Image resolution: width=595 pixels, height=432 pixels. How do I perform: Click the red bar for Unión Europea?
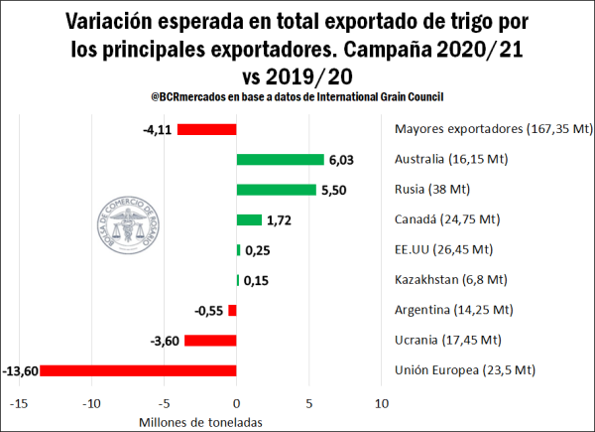click(x=138, y=370)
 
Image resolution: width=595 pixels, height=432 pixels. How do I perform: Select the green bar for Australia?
click(x=280, y=160)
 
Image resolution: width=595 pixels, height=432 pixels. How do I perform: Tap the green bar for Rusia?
click(x=277, y=190)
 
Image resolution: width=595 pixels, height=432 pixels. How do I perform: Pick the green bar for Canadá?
click(x=249, y=219)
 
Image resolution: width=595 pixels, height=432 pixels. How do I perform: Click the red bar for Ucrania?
click(x=210, y=341)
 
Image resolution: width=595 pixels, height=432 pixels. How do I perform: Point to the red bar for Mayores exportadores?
click(x=206, y=129)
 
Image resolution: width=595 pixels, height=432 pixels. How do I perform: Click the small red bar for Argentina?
click(x=233, y=311)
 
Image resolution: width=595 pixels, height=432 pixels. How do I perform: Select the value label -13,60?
click(x=19, y=371)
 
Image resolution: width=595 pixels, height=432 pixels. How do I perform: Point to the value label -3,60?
click(x=164, y=342)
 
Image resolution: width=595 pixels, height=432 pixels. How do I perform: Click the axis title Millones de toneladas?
click(x=196, y=421)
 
